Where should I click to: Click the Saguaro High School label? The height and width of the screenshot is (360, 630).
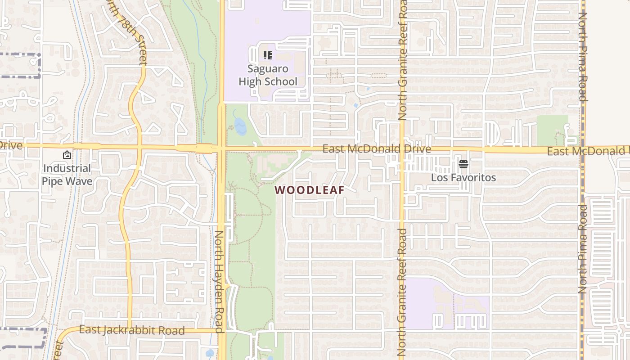coord(268,75)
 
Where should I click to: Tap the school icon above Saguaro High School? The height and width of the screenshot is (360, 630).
coord(268,56)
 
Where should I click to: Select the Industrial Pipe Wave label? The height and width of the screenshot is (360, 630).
coord(67,175)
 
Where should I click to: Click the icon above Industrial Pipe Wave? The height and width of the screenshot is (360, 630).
coord(67,155)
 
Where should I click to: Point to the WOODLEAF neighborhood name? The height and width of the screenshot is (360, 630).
coord(310,190)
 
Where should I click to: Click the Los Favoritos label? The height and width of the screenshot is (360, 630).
coord(463,177)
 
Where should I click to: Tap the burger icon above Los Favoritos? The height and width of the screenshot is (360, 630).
coord(463,164)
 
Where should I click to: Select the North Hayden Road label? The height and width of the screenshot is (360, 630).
coord(219,281)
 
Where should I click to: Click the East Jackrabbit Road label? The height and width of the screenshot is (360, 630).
coord(132,330)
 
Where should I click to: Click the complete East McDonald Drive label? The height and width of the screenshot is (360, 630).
coord(377,149)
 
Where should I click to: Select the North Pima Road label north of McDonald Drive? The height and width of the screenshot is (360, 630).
coord(583,56)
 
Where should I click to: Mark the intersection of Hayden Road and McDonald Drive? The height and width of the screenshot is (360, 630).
coord(221,148)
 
